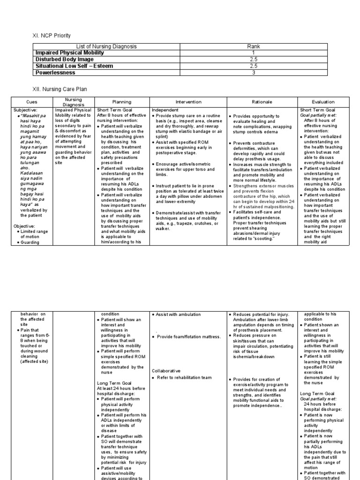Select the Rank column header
[253, 46]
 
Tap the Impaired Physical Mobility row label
[69, 53]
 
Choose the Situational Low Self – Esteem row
[74, 66]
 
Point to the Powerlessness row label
[55, 73]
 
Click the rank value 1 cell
[253, 53]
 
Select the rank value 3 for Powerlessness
[253, 73]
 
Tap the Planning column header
[121, 102]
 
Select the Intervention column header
[188, 102]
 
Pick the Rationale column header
[262, 102]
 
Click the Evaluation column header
[323, 102]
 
